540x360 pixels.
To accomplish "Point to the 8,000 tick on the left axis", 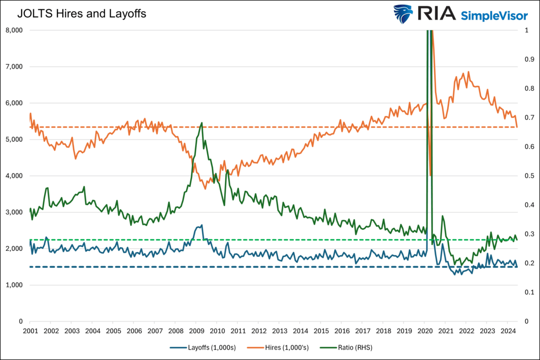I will tap(13, 30).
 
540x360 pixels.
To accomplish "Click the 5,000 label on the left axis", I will tap(13, 139).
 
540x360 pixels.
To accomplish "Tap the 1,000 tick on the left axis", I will tap(13, 285).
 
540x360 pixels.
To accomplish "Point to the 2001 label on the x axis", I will tap(30, 330).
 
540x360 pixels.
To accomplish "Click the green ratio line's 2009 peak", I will tap(201, 123).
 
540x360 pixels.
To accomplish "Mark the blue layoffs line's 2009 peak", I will tap(201, 225).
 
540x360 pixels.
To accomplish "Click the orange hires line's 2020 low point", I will tap(431, 176).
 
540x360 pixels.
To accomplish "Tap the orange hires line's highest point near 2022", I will tap(468, 72).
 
